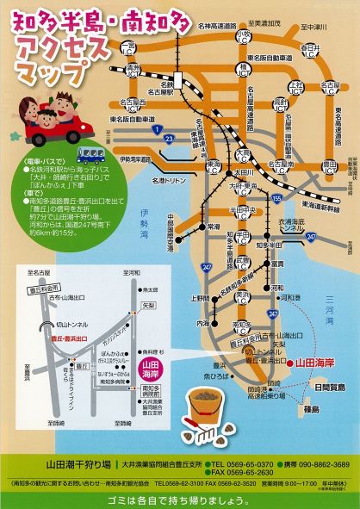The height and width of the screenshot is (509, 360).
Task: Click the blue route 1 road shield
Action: (x=157, y=128)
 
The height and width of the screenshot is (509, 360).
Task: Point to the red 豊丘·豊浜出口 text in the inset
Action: (x=50, y=315)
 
